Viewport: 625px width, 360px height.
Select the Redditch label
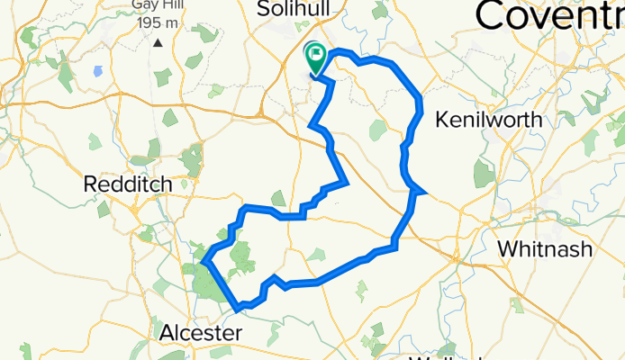[127, 184]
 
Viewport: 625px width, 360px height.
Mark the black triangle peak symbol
[158, 41]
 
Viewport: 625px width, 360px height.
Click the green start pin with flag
[316, 58]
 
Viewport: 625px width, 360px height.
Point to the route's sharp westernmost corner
[204, 263]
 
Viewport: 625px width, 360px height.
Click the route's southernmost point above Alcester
[239, 309]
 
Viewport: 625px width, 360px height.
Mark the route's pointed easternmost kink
[423, 190]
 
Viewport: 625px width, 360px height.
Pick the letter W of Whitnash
[503, 247]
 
